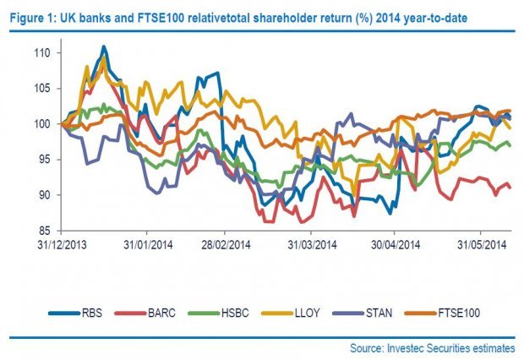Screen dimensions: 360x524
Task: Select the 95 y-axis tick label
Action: (x=45, y=160)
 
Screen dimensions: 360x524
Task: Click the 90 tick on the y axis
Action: (x=45, y=195)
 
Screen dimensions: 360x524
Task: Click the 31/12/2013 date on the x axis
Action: (x=62, y=245)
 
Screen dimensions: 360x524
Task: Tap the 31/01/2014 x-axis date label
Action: (x=145, y=245)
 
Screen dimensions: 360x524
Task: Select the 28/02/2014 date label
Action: (x=223, y=245)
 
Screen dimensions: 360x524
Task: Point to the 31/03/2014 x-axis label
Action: (x=309, y=245)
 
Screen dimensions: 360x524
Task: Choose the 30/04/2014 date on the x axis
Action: (x=394, y=245)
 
